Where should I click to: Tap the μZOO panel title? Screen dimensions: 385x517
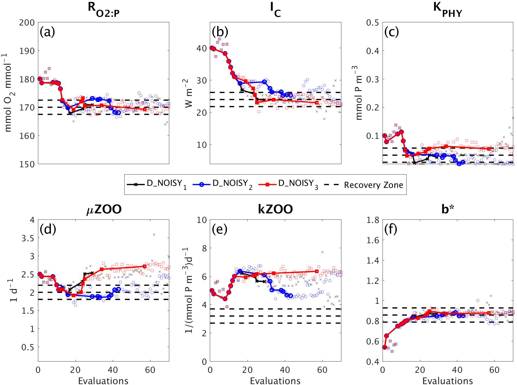[x=104, y=209]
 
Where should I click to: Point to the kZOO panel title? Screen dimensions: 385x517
[x=275, y=209]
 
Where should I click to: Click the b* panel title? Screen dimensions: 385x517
[x=447, y=209]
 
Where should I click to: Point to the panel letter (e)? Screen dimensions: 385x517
[x=219, y=229]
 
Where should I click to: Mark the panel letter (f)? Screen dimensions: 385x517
[x=391, y=229]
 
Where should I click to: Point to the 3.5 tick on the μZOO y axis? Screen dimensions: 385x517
[x=28, y=238]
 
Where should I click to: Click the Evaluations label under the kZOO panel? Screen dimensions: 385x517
[x=275, y=380]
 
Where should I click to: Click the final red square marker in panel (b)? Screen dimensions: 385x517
[x=317, y=103]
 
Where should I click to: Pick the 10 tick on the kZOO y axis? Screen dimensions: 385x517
[x=202, y=220]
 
